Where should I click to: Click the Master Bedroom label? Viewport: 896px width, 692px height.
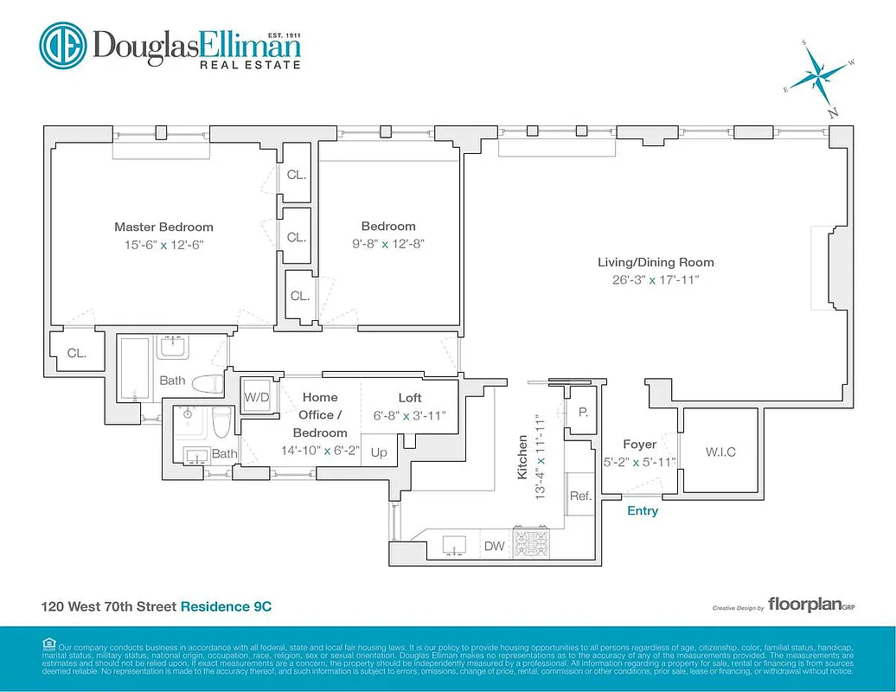[163, 227]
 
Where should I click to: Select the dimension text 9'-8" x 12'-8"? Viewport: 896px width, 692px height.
[388, 244]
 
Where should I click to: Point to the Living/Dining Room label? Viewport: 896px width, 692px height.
[656, 262]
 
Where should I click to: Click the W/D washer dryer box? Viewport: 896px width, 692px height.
[256, 397]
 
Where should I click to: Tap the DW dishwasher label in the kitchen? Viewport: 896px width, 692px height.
[494, 546]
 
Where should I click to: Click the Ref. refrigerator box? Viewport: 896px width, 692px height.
[579, 496]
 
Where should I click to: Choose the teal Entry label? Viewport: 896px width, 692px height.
[643, 510]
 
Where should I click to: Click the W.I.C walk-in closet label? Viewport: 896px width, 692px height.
[720, 452]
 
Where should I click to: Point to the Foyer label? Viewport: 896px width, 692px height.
[640, 445]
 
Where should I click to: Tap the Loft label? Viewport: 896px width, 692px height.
[410, 398]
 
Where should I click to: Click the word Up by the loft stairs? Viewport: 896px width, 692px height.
[379, 452]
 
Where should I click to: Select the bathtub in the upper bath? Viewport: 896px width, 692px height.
[134, 368]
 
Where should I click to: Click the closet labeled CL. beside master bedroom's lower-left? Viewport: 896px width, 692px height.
[77, 352]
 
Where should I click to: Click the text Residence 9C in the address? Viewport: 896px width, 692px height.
[226, 607]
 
